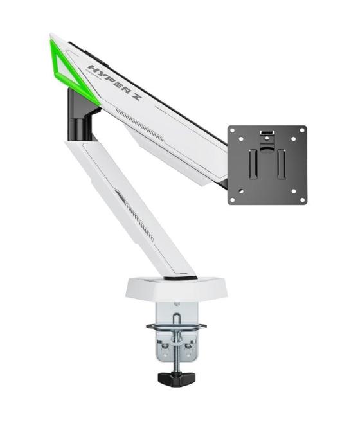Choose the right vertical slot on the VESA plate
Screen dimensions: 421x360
click(x=280, y=165)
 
